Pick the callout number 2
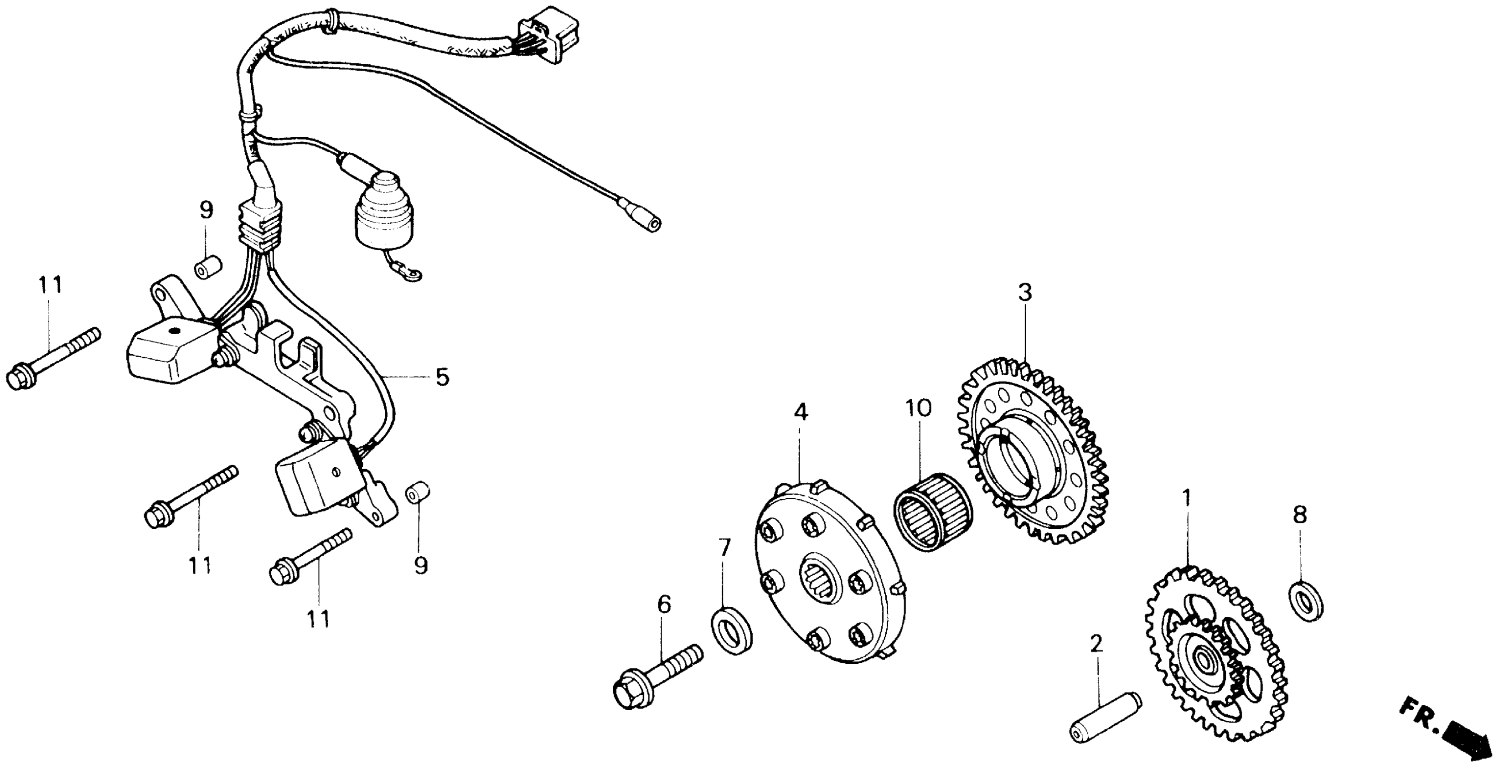pyautogui.click(x=1096, y=644)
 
